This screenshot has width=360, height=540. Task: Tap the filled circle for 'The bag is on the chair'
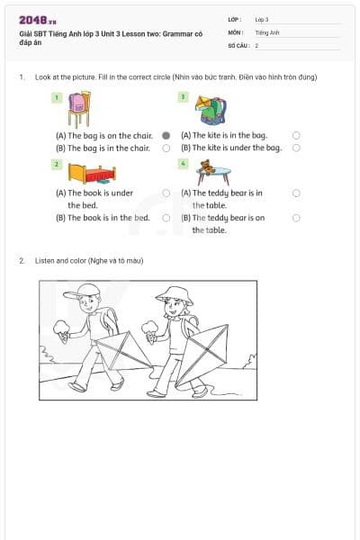(166, 135)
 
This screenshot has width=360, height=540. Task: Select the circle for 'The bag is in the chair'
(166, 148)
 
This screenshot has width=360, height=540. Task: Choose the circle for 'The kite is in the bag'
(296, 135)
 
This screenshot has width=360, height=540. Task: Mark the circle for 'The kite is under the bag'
(296, 148)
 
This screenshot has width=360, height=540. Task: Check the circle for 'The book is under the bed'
(166, 193)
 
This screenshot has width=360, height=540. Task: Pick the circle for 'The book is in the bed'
(166, 217)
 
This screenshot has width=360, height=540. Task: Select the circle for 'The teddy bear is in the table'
(296, 193)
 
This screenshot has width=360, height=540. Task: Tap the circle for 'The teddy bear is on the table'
(296, 217)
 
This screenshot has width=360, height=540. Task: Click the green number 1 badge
(57, 96)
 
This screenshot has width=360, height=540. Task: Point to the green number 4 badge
(183, 165)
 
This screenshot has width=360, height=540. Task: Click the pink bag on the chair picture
(77, 107)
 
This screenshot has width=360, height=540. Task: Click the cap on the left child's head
(85, 291)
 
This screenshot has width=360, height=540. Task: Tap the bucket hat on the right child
(174, 294)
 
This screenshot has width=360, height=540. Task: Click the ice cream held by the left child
(61, 329)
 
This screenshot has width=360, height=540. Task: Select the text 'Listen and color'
(61, 260)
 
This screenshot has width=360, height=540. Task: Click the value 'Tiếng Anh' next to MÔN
(267, 31)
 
